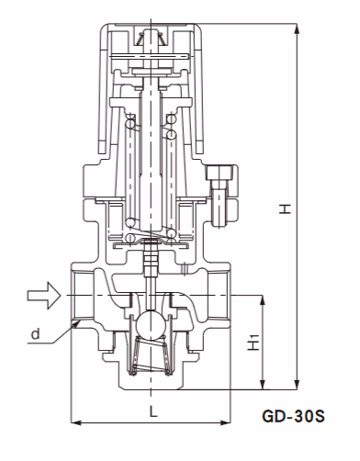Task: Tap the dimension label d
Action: (x=34, y=334)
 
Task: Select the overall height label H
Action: (x=286, y=209)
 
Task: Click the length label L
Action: (x=152, y=412)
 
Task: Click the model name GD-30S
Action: (x=294, y=416)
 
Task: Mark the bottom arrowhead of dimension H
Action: (x=297, y=385)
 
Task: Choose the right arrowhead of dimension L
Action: (x=230, y=423)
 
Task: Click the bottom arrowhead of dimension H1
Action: (x=264, y=385)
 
